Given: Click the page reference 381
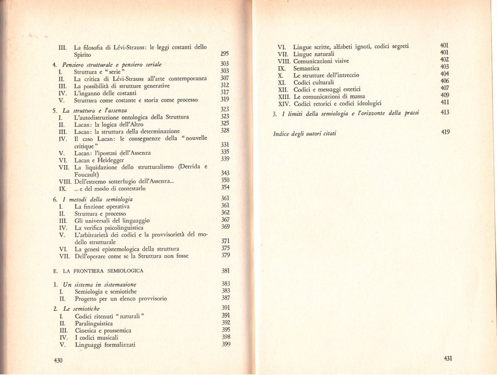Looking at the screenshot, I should [x=225, y=270].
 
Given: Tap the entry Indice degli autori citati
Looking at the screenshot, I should [x=315, y=133].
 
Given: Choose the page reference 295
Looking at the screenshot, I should [x=225, y=54].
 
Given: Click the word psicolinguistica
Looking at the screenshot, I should [x=126, y=227].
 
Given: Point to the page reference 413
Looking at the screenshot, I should [x=445, y=113].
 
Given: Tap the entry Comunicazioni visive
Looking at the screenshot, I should [x=321, y=61].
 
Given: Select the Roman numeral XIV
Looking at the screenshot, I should [x=283, y=103].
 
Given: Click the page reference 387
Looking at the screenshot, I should [x=225, y=299].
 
